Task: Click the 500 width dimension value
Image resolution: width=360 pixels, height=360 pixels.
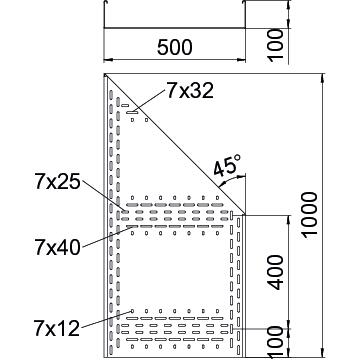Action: coord(175,47)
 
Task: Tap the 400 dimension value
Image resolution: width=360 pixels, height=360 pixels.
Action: coord(276,272)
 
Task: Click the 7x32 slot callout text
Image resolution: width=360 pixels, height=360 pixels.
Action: coord(190,90)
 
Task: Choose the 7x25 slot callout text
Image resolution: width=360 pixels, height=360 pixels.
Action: coord(58,182)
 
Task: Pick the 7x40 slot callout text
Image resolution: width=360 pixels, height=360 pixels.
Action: coord(58,247)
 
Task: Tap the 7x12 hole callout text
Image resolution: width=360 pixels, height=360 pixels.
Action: coord(57,328)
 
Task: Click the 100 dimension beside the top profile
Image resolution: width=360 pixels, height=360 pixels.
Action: coord(276,45)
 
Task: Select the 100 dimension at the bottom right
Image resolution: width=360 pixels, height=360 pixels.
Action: coord(276,343)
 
